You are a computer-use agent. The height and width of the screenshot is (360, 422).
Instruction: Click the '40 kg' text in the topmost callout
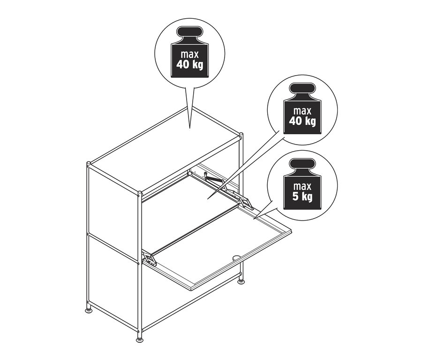(x=190, y=64)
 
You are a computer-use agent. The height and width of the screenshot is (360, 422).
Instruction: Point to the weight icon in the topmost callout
(x=190, y=50)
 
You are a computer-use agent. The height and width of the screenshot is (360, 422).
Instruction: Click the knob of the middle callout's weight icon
(x=302, y=89)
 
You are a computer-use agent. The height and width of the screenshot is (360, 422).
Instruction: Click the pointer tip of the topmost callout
(x=190, y=127)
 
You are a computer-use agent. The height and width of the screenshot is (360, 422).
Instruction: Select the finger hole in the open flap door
(x=236, y=257)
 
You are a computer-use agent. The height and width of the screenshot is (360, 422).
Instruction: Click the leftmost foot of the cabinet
(x=88, y=310)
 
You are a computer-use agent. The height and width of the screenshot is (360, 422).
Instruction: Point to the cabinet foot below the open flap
(x=241, y=281)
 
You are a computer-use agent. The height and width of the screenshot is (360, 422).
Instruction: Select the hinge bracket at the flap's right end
(x=246, y=202)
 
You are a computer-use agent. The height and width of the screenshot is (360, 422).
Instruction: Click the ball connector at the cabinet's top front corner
(x=139, y=193)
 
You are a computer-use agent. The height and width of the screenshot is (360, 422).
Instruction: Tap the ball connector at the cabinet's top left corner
(x=89, y=164)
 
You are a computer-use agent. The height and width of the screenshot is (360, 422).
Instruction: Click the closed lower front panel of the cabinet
(x=188, y=300)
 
